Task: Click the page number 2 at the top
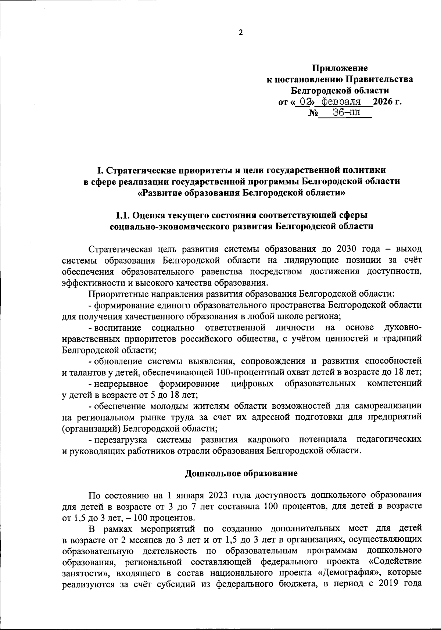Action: pos(241,33)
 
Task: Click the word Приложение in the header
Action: pos(340,68)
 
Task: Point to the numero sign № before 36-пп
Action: pos(313,113)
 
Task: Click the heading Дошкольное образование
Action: pos(241,473)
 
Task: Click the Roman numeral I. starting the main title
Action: pos(99,170)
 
